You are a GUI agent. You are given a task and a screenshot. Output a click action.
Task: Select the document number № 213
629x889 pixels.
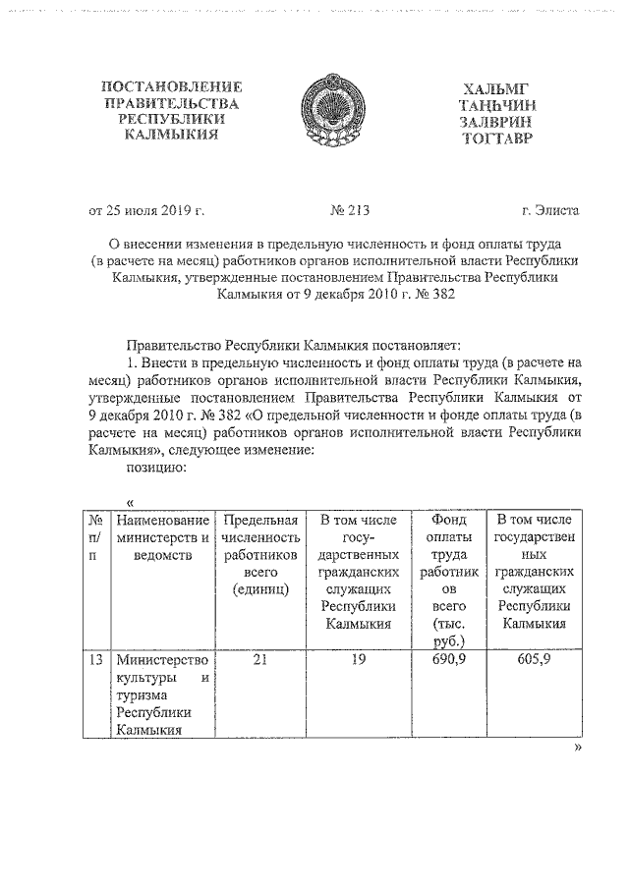pos(348,209)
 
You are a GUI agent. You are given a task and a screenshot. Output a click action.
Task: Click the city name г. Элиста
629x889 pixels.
pos(550,209)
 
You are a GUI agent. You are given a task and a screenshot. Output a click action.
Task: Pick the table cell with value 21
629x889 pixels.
pos(259,660)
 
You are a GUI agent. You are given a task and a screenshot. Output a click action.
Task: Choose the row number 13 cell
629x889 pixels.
pos(95,660)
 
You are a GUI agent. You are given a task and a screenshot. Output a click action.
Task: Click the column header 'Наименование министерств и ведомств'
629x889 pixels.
pos(162,528)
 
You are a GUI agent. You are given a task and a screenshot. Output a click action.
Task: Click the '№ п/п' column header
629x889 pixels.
pos(95,536)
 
